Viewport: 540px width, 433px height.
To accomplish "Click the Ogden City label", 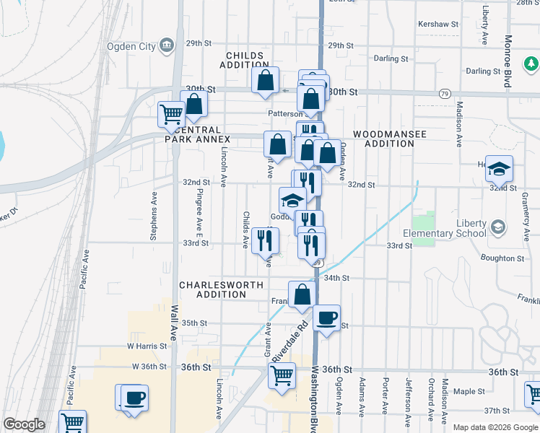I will (x=132, y=46).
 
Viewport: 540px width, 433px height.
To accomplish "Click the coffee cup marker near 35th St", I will (x=327, y=318).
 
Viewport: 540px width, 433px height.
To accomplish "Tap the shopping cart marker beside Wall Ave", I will (x=172, y=113).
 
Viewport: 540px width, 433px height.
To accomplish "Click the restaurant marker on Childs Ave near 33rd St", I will (x=265, y=240).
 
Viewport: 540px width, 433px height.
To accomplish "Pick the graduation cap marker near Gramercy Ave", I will (x=499, y=169).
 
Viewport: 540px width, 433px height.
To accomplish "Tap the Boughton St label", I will (x=498, y=257).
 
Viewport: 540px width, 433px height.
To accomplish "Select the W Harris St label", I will (x=147, y=346).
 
